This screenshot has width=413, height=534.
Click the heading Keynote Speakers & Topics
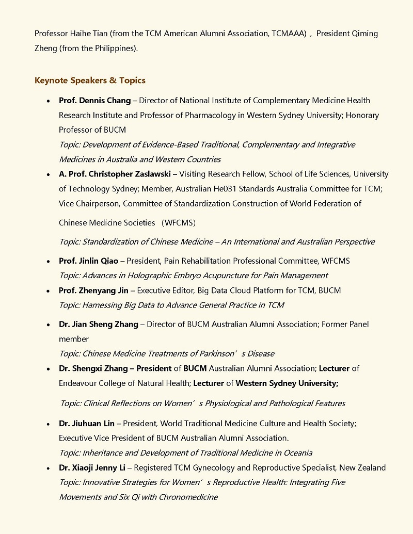tap(90, 80)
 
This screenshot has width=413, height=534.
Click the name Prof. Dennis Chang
tap(94, 101)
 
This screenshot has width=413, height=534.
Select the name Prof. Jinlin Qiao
tap(88, 261)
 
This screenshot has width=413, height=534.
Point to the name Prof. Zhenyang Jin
tap(93, 290)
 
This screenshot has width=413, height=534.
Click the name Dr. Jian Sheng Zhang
tap(99, 325)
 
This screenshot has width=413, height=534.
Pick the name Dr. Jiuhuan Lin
tap(87, 424)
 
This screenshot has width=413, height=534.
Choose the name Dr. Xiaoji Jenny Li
tap(92, 468)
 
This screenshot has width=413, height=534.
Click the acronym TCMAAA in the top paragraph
tap(288, 34)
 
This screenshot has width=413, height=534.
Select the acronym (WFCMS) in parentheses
tap(178, 223)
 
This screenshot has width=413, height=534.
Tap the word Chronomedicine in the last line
tap(188, 497)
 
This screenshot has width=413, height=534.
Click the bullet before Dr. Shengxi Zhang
tap(48, 369)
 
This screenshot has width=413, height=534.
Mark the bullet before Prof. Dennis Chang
tap(48, 101)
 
